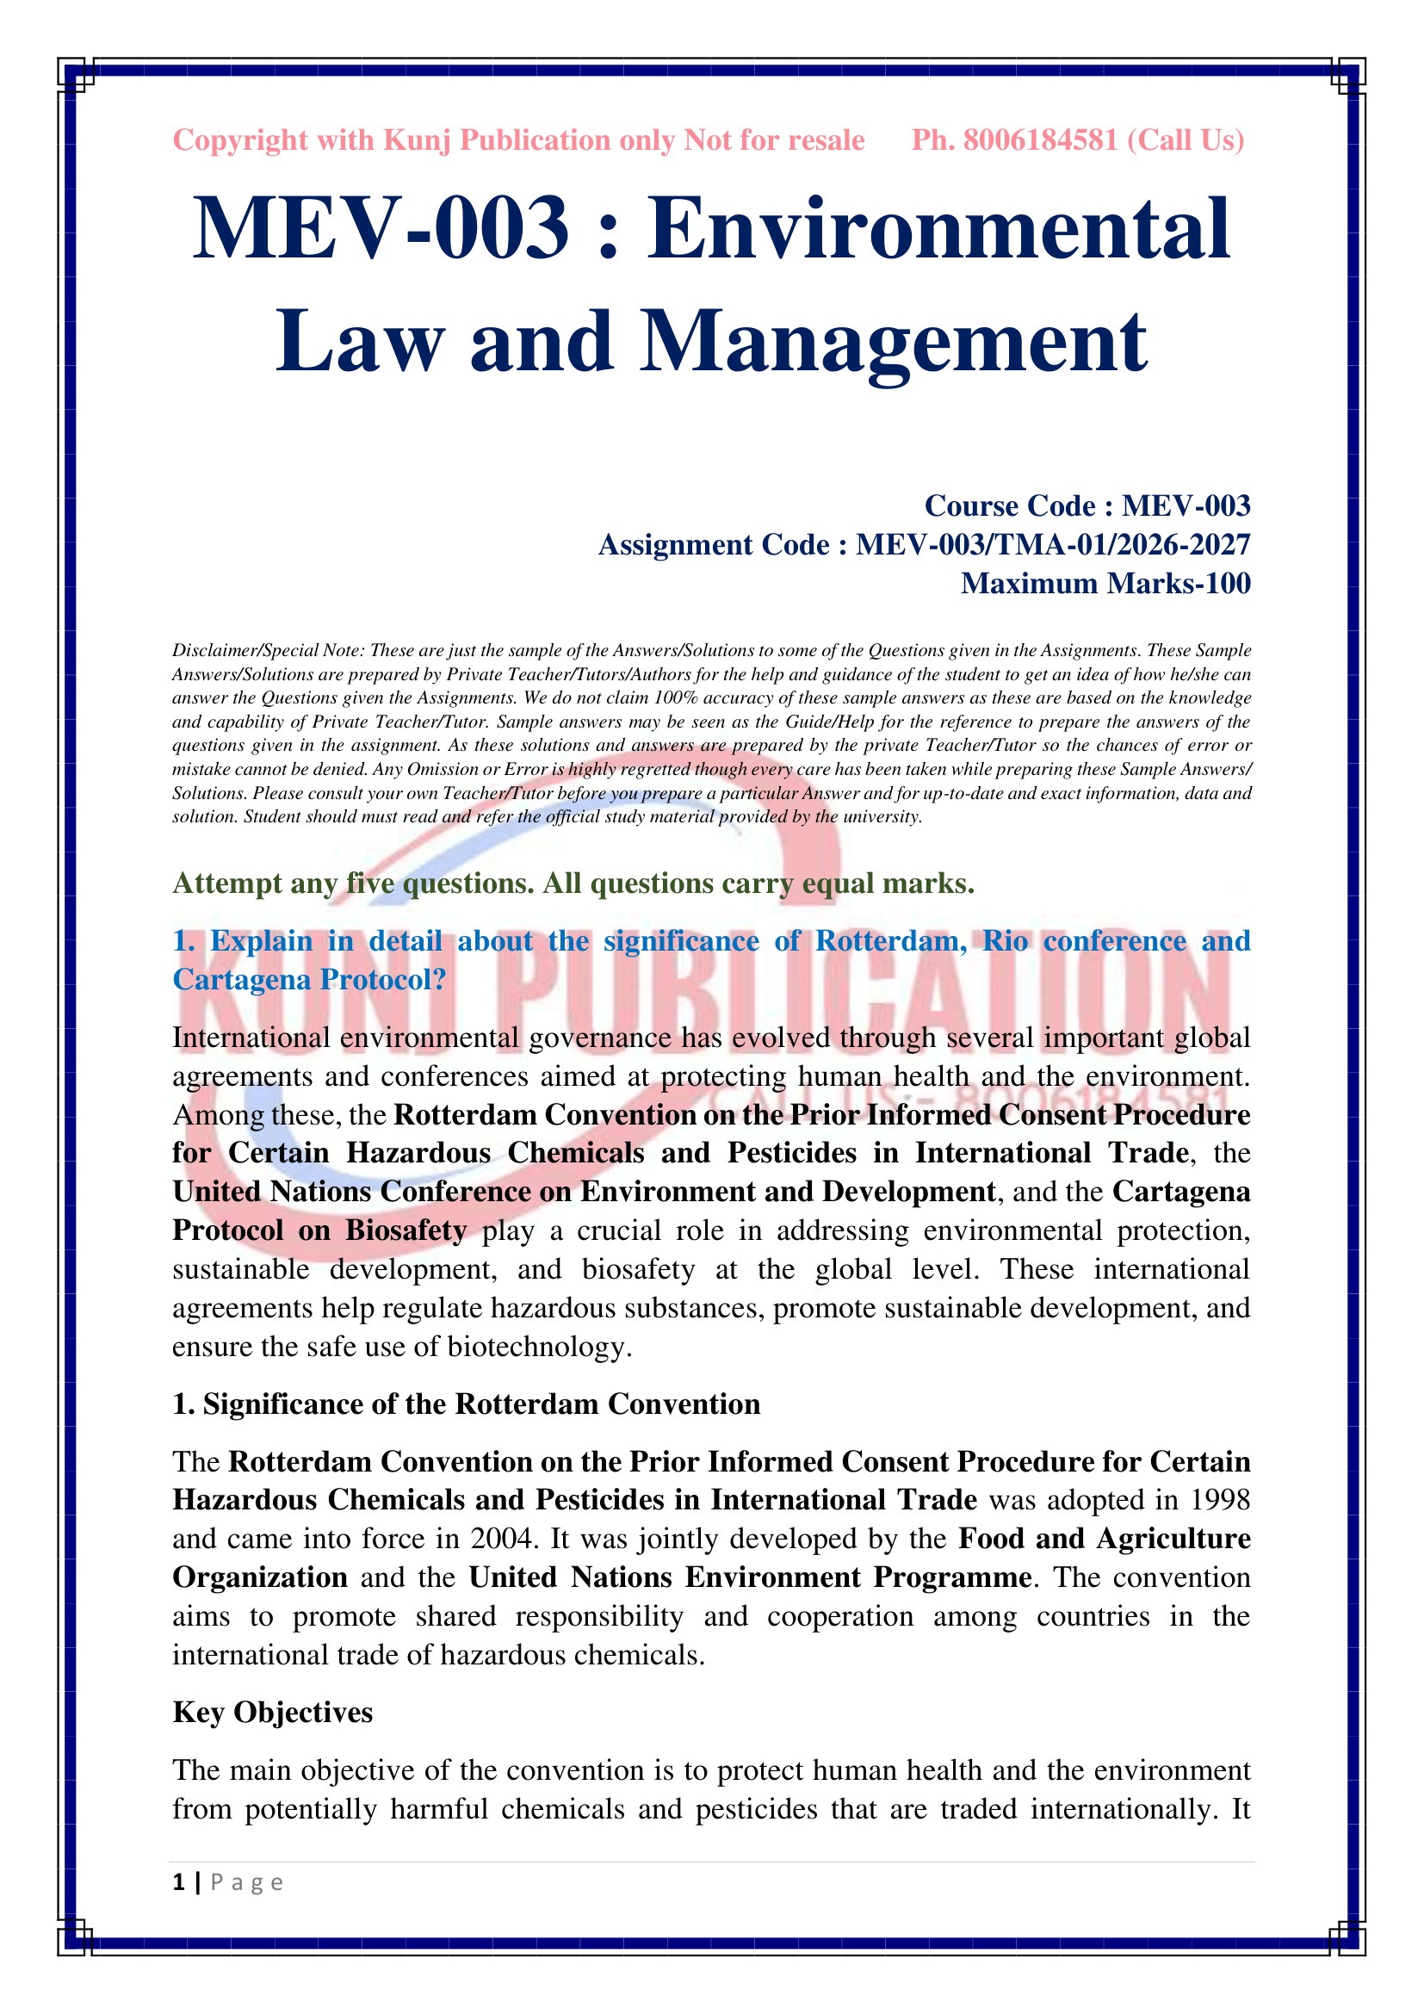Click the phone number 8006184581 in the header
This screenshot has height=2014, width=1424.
click(1041, 140)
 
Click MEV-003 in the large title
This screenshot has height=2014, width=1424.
click(381, 230)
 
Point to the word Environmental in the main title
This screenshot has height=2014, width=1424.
click(939, 230)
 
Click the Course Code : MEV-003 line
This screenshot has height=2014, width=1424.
click(1087, 506)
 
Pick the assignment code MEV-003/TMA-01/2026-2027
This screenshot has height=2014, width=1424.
click(1052, 545)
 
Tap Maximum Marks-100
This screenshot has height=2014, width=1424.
click(1105, 583)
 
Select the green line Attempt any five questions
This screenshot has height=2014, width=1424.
click(573, 883)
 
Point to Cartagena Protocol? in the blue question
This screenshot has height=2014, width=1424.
click(310, 980)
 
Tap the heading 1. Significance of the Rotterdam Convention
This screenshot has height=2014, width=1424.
click(467, 1404)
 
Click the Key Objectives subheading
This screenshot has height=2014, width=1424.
click(273, 1713)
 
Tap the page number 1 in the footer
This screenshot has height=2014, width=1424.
click(179, 1882)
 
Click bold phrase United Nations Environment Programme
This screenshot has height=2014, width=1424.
click(750, 1577)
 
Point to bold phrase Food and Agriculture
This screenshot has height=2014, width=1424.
click(1104, 1539)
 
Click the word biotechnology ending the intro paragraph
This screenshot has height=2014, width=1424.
click(538, 1347)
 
